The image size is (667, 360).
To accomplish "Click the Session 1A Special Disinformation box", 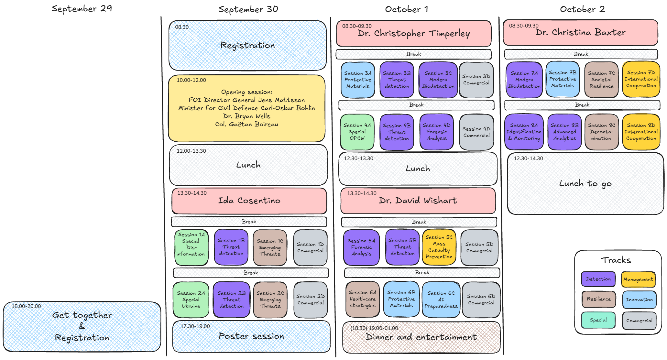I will tap(191, 247).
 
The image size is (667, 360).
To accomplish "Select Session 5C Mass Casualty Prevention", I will tap(439, 247).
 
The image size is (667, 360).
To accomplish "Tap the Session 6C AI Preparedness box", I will tap(441, 300).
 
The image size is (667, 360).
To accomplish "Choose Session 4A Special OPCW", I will tap(357, 132).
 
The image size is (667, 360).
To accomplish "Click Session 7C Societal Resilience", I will tap(601, 80).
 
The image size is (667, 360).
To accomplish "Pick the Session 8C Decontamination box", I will tap(601, 132).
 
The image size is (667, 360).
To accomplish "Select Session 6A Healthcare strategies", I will tap(362, 299).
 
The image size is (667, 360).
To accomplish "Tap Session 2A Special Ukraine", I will tap(191, 300).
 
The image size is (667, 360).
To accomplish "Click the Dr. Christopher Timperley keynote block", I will tap(414, 34).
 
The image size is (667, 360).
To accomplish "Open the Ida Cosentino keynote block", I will tap(249, 201).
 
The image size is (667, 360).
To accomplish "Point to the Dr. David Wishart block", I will tap(418, 201).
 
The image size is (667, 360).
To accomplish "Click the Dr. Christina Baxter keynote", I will tap(580, 33).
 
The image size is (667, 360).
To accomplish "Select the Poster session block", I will tap(251, 336).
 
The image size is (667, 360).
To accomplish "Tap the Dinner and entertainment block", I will tap(421, 337).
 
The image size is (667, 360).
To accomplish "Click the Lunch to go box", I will tap(585, 184).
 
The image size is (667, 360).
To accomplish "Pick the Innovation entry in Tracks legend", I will tap(639, 300).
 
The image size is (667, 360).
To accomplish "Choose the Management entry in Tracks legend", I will tap(638, 279).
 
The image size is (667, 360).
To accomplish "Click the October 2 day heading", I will tap(582, 9).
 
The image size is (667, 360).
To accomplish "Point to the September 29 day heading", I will tap(82, 9).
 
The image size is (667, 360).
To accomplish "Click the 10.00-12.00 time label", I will tap(191, 80).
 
